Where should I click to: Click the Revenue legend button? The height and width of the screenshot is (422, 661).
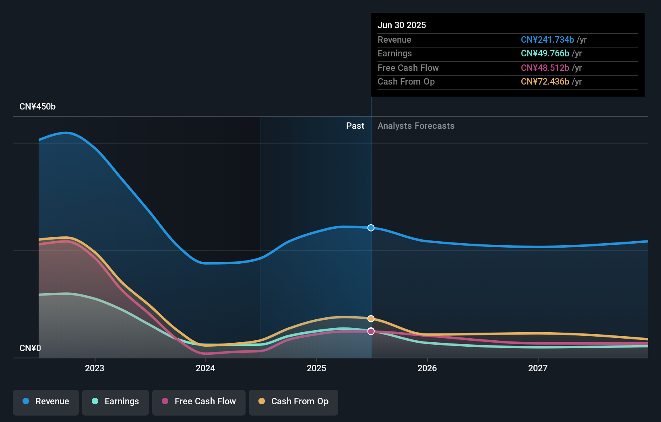(x=46, y=401)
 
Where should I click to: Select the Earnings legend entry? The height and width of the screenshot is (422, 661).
(x=116, y=401)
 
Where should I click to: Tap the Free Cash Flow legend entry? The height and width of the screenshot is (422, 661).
(x=199, y=401)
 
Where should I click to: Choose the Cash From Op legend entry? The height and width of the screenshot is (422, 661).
(x=293, y=401)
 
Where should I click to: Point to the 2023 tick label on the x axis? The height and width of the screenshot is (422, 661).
(x=95, y=368)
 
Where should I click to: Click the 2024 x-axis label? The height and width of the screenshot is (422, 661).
(x=205, y=368)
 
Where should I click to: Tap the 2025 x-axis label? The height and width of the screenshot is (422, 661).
(x=316, y=368)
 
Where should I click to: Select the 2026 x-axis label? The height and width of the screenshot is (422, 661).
(x=427, y=368)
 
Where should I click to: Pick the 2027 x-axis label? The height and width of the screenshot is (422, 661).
(x=538, y=368)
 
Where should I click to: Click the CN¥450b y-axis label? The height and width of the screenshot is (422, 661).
(x=37, y=107)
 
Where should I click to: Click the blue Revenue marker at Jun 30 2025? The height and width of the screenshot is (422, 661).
(x=371, y=228)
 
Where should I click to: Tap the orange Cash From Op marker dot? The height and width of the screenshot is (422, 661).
(x=371, y=319)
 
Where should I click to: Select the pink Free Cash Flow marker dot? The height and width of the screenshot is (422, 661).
(x=371, y=331)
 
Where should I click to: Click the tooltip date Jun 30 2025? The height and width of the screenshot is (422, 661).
(x=402, y=25)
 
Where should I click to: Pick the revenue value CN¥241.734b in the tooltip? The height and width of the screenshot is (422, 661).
(x=547, y=40)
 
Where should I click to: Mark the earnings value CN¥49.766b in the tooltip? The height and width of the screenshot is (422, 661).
(x=545, y=54)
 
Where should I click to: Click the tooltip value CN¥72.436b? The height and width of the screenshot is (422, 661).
(x=545, y=82)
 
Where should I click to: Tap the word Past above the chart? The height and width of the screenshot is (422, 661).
(x=355, y=126)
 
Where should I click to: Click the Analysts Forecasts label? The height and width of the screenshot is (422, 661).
(x=416, y=126)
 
